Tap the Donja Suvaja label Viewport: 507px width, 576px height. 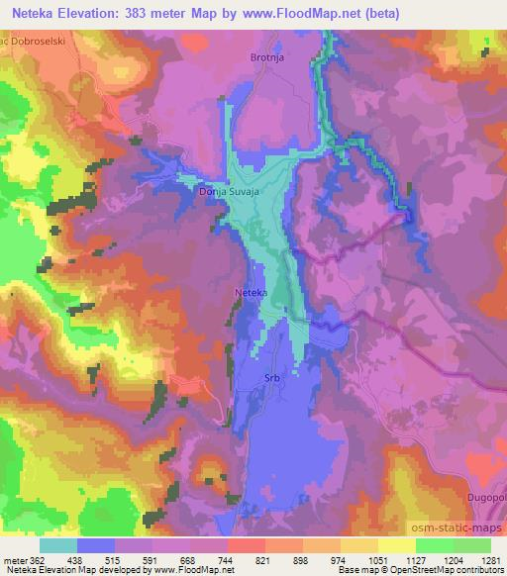click(x=229, y=193)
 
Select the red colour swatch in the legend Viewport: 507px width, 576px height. click(x=246, y=544)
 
